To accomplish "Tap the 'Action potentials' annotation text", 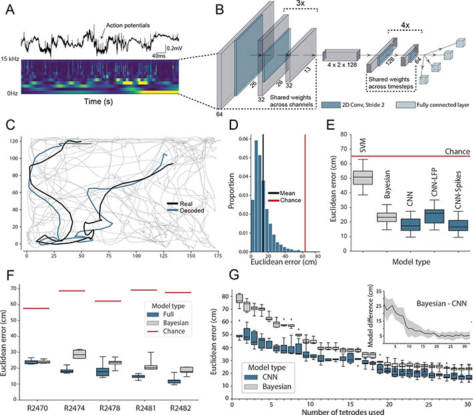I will (126, 25).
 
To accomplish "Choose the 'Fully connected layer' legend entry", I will (445, 105).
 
